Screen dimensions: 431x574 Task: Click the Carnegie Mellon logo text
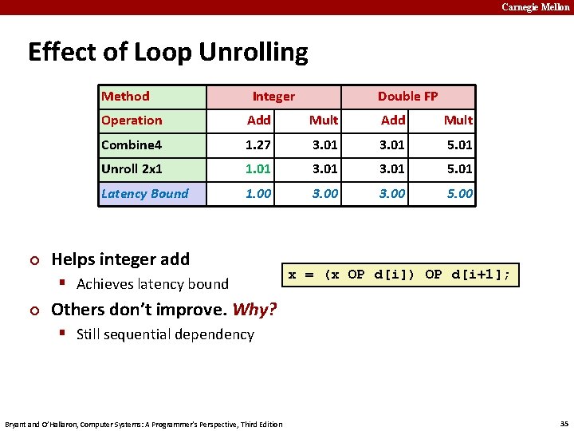tap(535, 7)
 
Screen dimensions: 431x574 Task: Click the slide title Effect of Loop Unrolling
tap(167, 53)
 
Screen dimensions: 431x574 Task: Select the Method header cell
tap(125, 97)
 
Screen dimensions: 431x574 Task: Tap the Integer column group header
tap(273, 97)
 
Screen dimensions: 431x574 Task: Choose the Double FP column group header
tap(407, 97)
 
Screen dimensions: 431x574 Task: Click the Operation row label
tap(132, 121)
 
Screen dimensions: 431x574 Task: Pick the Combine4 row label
tap(132, 145)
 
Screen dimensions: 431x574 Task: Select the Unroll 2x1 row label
tap(132, 169)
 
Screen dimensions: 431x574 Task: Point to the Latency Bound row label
tap(144, 194)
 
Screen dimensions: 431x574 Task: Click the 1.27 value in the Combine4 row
tap(258, 145)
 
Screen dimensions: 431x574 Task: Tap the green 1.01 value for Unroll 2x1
tap(258, 169)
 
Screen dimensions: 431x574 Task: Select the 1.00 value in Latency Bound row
tap(258, 194)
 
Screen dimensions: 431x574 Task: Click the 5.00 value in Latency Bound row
tap(459, 194)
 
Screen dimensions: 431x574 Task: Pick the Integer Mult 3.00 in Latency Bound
tap(324, 194)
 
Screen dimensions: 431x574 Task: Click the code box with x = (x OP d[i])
tap(399, 275)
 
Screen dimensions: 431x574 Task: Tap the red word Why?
tap(254, 310)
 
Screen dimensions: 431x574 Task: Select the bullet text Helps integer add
tap(120, 259)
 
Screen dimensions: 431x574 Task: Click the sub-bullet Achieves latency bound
tap(152, 284)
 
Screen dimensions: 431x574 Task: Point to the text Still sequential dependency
tap(165, 334)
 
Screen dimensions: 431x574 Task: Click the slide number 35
tap(563, 423)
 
